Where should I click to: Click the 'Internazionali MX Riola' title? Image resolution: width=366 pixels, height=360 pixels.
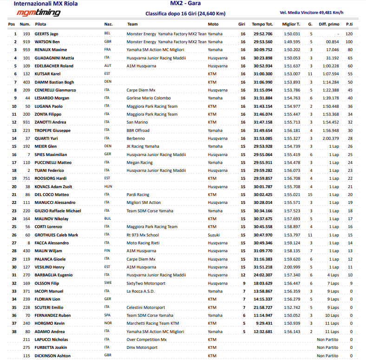click(x=46, y=4)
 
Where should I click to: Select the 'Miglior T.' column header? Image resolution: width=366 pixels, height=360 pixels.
click(x=291, y=24)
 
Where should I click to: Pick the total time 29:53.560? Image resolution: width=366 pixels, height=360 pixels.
click(x=262, y=42)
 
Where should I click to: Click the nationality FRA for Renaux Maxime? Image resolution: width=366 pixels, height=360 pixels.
click(x=108, y=50)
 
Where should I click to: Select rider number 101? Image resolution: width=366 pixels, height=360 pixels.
click(x=26, y=58)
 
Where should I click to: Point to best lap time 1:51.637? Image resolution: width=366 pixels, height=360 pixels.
click(x=291, y=66)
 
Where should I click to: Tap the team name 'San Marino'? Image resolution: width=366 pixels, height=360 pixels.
click(x=138, y=122)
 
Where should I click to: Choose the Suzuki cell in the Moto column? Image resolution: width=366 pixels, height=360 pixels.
click(x=214, y=235)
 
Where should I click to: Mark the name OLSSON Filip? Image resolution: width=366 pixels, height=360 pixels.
click(x=47, y=283)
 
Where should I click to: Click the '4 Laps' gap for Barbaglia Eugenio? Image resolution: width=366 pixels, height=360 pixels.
click(x=333, y=275)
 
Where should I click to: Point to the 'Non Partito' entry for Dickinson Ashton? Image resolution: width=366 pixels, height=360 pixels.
click(x=327, y=356)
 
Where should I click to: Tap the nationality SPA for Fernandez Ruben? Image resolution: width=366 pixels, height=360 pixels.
click(x=108, y=315)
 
